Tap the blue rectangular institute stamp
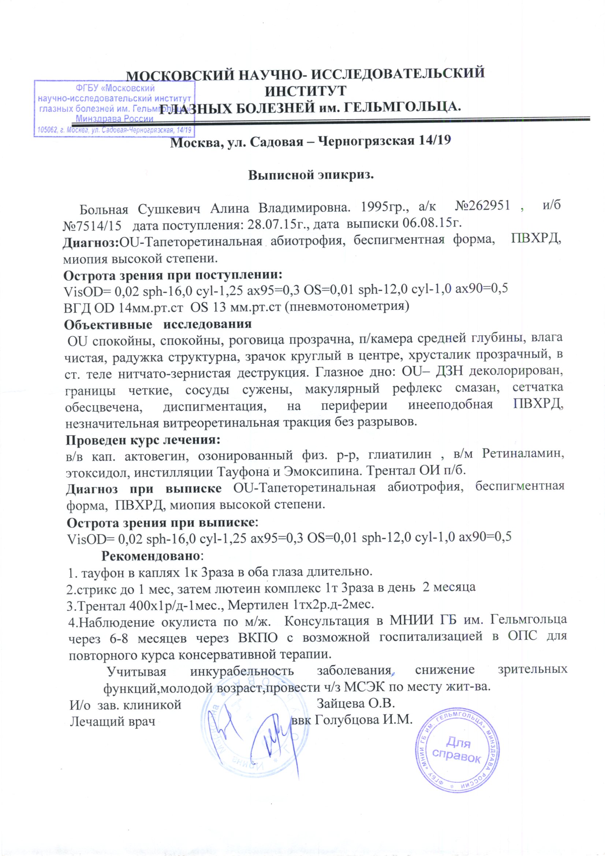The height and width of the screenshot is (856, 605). click(115, 108)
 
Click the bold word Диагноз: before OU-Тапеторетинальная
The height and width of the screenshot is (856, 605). click(90, 242)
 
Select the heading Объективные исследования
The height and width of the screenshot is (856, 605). click(158, 324)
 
